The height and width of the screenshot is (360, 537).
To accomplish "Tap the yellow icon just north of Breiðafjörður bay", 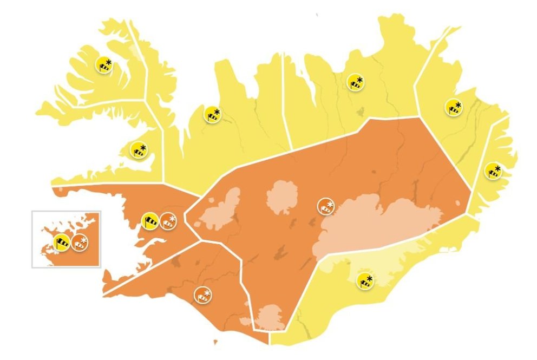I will (x=139, y=150).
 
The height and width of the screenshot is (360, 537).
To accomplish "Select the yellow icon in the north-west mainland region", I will (x=212, y=115).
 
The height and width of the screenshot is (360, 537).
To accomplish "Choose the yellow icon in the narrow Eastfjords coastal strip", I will (x=493, y=171).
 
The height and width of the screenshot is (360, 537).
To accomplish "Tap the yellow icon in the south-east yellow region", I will (x=365, y=281).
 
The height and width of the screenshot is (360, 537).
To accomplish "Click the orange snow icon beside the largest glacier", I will (x=325, y=206).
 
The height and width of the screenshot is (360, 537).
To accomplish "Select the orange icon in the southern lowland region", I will (x=203, y=295).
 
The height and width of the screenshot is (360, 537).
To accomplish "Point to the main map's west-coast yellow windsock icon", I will (x=151, y=220).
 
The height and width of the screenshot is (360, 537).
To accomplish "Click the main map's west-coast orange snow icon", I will (x=168, y=221).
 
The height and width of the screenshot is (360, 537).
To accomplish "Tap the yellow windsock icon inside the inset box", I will (x=62, y=243).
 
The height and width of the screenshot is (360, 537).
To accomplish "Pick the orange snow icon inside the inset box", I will (x=80, y=243).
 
